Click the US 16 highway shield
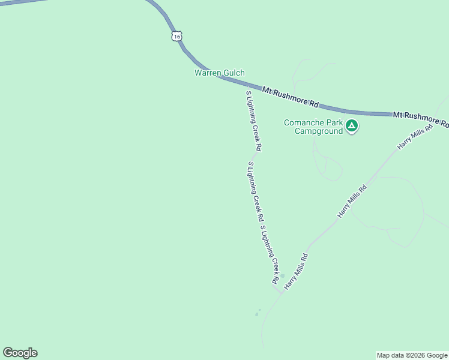pyautogui.click(x=176, y=36)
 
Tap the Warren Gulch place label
pyautogui.click(x=219, y=73)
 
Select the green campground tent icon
pyautogui.click(x=352, y=126)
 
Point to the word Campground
pyautogui.click(x=318, y=131)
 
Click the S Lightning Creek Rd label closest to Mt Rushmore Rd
pyautogui.click(x=253, y=120)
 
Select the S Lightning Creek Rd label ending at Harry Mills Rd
pyautogui.click(x=269, y=253)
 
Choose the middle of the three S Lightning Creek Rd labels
pyautogui.click(x=256, y=190)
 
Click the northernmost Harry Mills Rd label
pyautogui.click(x=414, y=138)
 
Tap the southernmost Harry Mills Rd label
pyautogui.click(x=296, y=272)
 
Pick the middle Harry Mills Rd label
pyautogui.click(x=352, y=201)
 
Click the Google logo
pyautogui.click(x=20, y=353)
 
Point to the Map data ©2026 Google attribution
pyautogui.click(x=412, y=355)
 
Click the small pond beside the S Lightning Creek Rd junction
pyautogui.click(x=257, y=313)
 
